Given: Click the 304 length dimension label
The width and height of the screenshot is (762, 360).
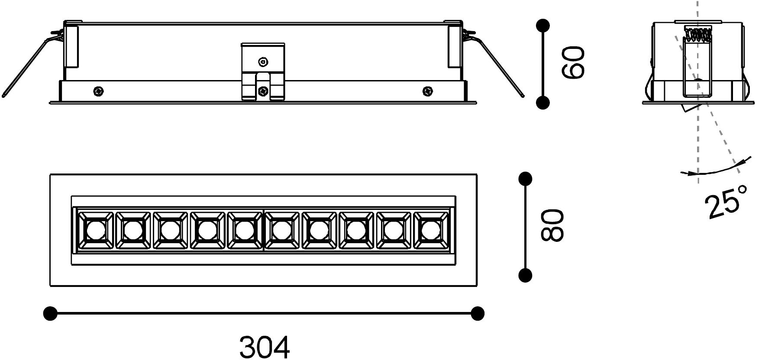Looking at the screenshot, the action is (265, 347).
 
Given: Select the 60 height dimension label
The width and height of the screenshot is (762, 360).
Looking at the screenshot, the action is (573, 63).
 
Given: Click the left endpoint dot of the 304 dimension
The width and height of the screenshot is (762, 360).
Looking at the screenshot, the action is (51, 313).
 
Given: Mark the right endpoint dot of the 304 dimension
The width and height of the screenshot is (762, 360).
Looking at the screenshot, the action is (478, 313).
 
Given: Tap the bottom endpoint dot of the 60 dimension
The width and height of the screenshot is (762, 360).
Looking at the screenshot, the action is (543, 103).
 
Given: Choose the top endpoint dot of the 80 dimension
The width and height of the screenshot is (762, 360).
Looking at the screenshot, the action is (526, 179).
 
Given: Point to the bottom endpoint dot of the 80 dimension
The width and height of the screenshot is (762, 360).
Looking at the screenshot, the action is (526, 275).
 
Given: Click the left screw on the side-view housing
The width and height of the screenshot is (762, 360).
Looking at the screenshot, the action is (99, 91).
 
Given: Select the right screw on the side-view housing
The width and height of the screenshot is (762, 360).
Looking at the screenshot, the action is (428, 91).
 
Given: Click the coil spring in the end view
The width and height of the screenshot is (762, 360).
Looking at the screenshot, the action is (698, 34).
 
